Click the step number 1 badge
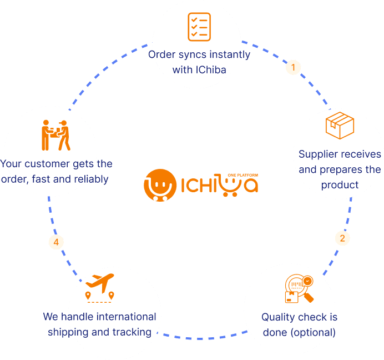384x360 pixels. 292,68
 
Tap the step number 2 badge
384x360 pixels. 342,238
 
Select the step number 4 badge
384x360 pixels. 55,242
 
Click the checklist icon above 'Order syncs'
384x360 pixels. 199,27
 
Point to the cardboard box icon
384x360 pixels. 340,126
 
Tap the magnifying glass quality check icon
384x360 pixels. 299,289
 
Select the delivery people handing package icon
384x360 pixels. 56,134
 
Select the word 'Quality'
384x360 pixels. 278,317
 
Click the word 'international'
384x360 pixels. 126,317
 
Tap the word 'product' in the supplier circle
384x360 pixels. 340,184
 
